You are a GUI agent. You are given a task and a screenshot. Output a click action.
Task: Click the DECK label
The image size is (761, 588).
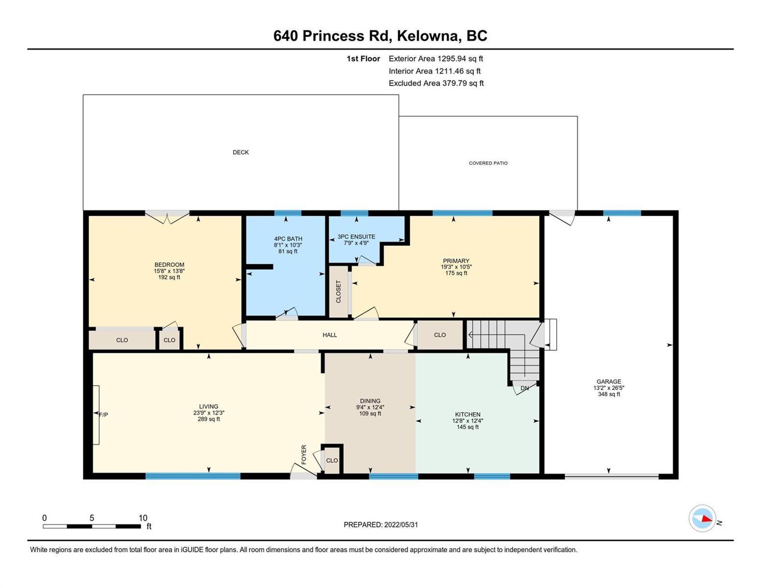tap(241, 152)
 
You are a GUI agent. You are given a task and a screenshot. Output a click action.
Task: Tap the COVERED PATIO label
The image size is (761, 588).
tap(488, 163)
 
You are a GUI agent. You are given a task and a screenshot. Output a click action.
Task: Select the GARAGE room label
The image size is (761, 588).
tap(609, 381)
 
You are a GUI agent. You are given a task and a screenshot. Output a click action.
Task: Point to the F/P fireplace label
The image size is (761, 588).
tap(103, 415)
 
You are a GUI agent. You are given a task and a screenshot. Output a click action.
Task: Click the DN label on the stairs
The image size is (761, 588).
tap(524, 388)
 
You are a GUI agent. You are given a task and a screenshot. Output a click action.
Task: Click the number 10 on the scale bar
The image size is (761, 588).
tap(143, 518)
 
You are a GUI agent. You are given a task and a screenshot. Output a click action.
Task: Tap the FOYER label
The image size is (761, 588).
tap(304, 455)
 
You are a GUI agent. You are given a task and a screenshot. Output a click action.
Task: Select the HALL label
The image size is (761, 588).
tap(330, 335)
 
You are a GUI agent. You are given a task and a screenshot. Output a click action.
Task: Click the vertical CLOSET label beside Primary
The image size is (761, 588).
tap(338, 292)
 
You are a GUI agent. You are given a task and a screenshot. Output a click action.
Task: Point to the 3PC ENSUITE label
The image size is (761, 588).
tap(356, 237)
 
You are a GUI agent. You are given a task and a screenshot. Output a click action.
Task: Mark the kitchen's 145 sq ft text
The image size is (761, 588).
tap(467, 427)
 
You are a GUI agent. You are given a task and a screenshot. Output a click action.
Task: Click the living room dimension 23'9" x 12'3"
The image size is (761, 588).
tap(209, 413)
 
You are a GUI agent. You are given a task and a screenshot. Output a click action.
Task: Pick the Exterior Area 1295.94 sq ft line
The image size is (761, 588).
tap(436, 58)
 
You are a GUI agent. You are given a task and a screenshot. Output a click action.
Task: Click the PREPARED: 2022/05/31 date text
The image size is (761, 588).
tap(381, 525)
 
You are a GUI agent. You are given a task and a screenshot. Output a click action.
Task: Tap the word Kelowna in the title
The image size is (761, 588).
tap(429, 36)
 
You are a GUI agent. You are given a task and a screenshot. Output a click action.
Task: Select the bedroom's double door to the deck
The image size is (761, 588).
tap(167, 217)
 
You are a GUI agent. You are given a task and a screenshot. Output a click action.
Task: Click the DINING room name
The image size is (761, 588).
tap(370, 401)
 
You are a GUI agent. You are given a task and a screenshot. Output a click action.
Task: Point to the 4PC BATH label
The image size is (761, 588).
tap(288, 239)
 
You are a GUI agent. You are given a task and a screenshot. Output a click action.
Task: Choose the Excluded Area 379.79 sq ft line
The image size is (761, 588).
tap(436, 83)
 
